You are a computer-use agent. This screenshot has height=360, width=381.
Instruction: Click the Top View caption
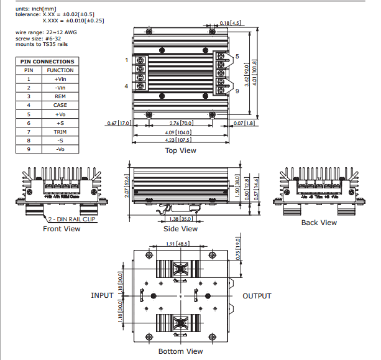[x=180, y=150]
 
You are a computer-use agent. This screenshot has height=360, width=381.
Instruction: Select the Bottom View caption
[x=180, y=351]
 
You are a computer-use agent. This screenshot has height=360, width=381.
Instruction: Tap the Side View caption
[x=180, y=229]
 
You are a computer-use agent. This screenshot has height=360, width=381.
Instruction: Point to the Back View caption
[x=319, y=223]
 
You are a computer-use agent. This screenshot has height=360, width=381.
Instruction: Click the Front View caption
[x=62, y=229]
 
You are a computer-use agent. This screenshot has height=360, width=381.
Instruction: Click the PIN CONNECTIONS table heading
[x=47, y=62]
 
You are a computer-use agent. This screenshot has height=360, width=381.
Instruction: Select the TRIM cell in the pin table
[x=60, y=132]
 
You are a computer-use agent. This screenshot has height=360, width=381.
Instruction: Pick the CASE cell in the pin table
[x=60, y=105]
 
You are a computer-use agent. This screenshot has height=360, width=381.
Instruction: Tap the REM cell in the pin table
[x=60, y=96]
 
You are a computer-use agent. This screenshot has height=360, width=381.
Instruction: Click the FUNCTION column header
[x=60, y=70]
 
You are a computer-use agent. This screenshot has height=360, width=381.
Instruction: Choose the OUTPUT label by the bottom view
[x=257, y=296]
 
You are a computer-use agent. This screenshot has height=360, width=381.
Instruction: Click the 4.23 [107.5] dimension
[x=180, y=141]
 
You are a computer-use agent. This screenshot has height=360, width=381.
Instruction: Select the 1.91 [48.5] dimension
[x=178, y=244]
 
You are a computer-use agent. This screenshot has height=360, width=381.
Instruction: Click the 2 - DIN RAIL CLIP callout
[x=73, y=219]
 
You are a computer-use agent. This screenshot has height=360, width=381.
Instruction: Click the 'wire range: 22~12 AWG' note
[x=45, y=32]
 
